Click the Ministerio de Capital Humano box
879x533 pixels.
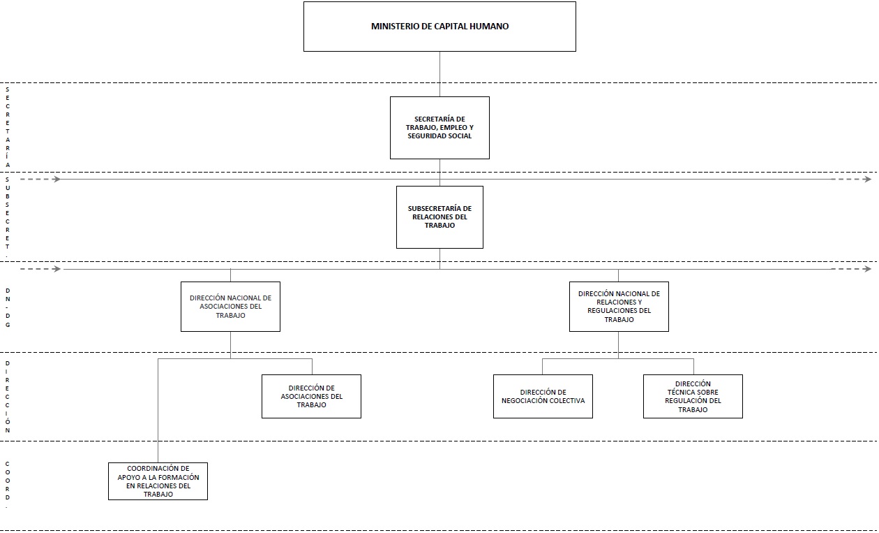(439, 27)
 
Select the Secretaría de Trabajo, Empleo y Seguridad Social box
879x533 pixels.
(439, 128)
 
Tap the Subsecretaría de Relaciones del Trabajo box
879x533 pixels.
(439, 217)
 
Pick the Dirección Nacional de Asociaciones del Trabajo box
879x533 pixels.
(230, 307)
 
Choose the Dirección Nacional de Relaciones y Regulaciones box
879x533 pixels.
(619, 307)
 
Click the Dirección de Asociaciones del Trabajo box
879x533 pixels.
(311, 396)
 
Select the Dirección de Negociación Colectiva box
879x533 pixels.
(543, 396)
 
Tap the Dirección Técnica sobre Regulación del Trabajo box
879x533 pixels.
(693, 396)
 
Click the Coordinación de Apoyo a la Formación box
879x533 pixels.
(158, 481)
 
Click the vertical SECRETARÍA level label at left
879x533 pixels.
(8, 127)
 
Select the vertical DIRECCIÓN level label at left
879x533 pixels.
(8, 397)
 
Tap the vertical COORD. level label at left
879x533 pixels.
(8, 484)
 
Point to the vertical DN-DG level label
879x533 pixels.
(8, 308)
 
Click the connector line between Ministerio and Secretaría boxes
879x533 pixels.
(439, 74)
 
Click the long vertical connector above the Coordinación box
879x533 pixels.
(158, 410)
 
